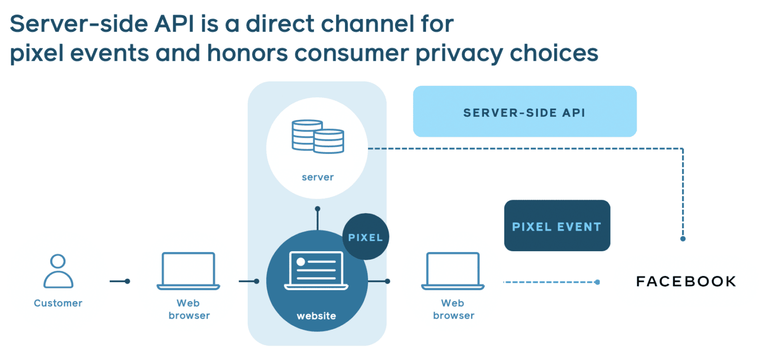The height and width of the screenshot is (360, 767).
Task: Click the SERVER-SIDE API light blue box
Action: point(524,112)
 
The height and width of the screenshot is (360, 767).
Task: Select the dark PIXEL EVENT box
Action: point(557,226)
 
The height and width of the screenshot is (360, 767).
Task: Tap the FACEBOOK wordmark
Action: point(686,282)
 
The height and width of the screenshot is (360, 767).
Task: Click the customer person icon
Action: point(58,271)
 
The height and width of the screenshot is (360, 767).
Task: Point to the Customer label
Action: point(58,303)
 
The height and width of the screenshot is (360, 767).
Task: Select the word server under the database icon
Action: point(318,177)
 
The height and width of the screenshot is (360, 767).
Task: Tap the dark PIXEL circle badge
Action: point(366,237)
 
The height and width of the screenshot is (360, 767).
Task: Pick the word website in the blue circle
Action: point(317,316)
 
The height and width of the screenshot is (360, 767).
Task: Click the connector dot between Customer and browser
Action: point(127,281)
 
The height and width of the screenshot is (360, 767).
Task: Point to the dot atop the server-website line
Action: point(317,209)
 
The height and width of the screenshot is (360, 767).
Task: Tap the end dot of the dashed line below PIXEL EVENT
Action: point(598,282)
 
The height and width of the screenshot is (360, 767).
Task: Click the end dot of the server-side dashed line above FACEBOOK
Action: point(683,239)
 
